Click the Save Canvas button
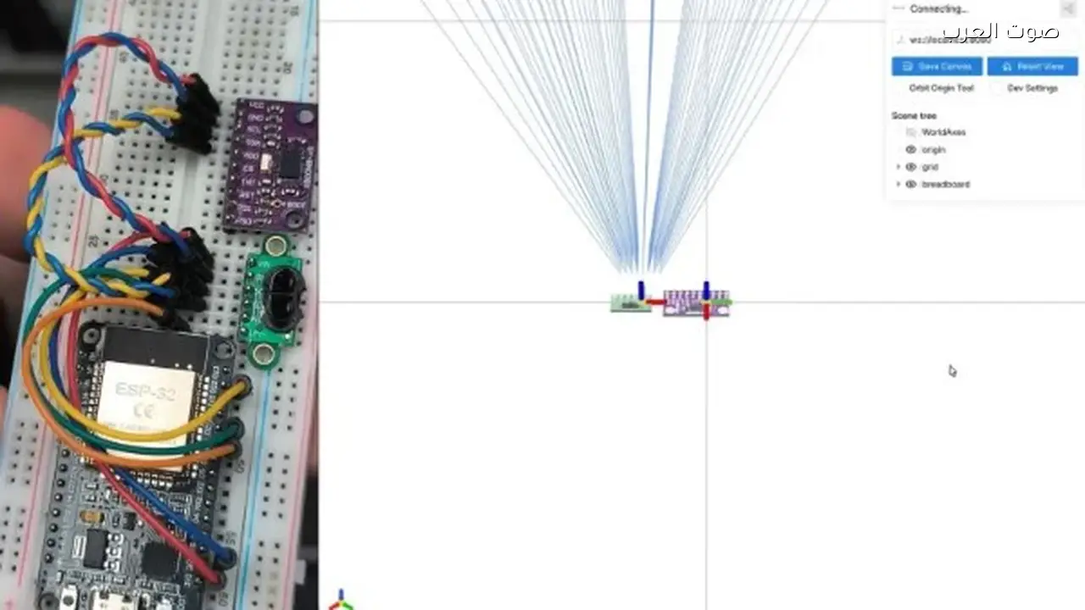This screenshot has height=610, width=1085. pyautogui.click(x=937, y=66)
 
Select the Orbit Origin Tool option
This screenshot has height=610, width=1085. pyautogui.click(x=941, y=88)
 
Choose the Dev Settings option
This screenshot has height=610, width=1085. pyautogui.click(x=1032, y=88)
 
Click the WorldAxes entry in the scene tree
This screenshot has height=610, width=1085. pyautogui.click(x=943, y=132)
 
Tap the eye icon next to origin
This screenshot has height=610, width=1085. pyautogui.click(x=911, y=150)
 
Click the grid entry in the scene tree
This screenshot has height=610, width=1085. pyautogui.click(x=930, y=167)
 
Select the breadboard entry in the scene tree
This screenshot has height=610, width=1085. pyautogui.click(x=945, y=184)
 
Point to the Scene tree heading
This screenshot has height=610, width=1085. pyautogui.click(x=914, y=115)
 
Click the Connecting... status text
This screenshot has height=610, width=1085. pyautogui.click(x=938, y=9)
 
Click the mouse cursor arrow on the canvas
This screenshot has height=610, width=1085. pyautogui.click(x=952, y=370)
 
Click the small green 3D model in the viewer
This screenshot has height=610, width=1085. pyautogui.click(x=630, y=302)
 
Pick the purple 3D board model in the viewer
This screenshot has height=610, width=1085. pyautogui.click(x=696, y=302)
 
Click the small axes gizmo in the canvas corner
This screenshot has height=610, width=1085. pyautogui.click(x=341, y=601)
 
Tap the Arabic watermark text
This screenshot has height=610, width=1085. pyautogui.click(x=1000, y=32)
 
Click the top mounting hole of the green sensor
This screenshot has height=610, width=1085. pyautogui.click(x=275, y=247)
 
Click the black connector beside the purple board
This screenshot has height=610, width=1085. pyautogui.click(x=192, y=114)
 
